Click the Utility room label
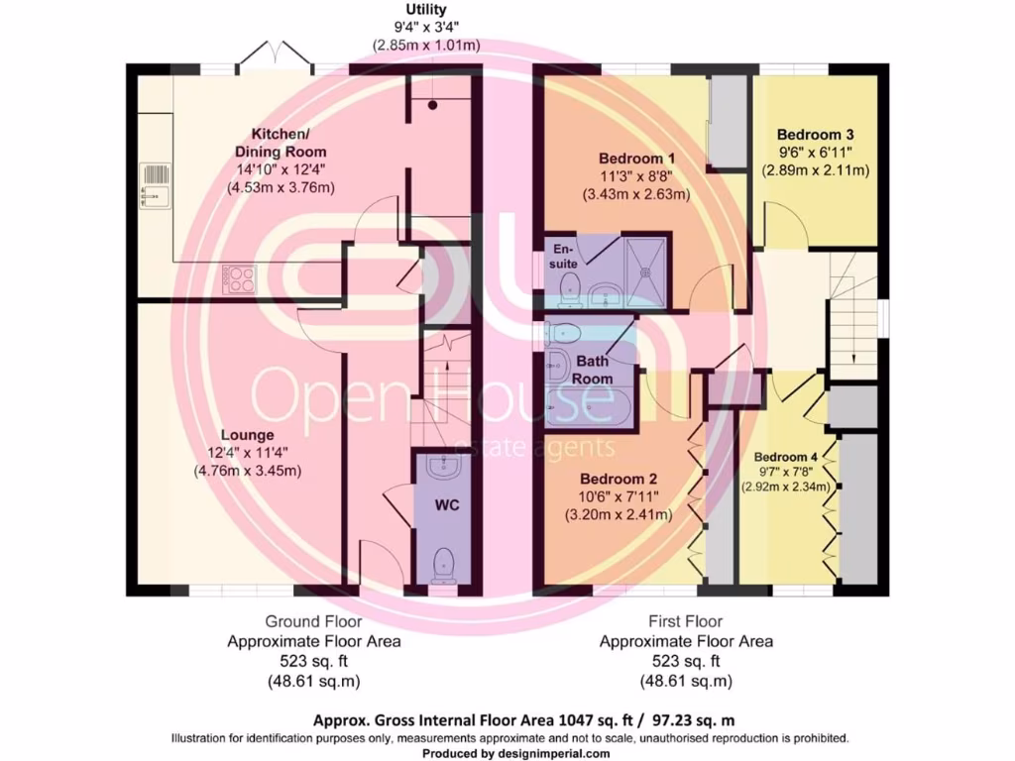click(425, 10)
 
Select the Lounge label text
click(248, 435)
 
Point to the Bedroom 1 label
click(637, 159)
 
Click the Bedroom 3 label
click(815, 134)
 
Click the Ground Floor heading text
click(314, 621)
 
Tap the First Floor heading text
click(686, 621)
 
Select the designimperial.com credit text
click(558, 754)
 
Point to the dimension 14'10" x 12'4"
click(282, 168)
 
